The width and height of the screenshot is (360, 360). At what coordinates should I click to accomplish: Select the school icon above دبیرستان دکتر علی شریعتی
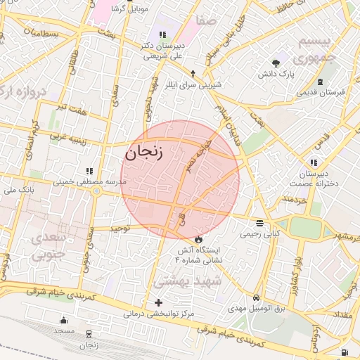pos(162,34)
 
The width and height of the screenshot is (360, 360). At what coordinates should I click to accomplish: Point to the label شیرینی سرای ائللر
pos(193,84)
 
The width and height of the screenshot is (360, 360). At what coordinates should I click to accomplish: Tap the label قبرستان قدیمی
pos(319,92)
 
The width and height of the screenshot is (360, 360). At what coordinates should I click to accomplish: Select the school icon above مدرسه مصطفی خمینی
pos(89,171)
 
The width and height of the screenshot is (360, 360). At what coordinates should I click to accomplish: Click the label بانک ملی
pos(18,190)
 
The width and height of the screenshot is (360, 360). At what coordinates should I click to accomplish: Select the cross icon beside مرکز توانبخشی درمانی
pos(157,302)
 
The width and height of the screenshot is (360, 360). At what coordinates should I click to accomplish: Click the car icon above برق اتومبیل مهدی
pos(256,298)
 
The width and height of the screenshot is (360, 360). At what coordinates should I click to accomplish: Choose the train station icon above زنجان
pos(89,335)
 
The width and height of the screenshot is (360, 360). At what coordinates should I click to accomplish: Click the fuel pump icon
pos(345,352)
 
